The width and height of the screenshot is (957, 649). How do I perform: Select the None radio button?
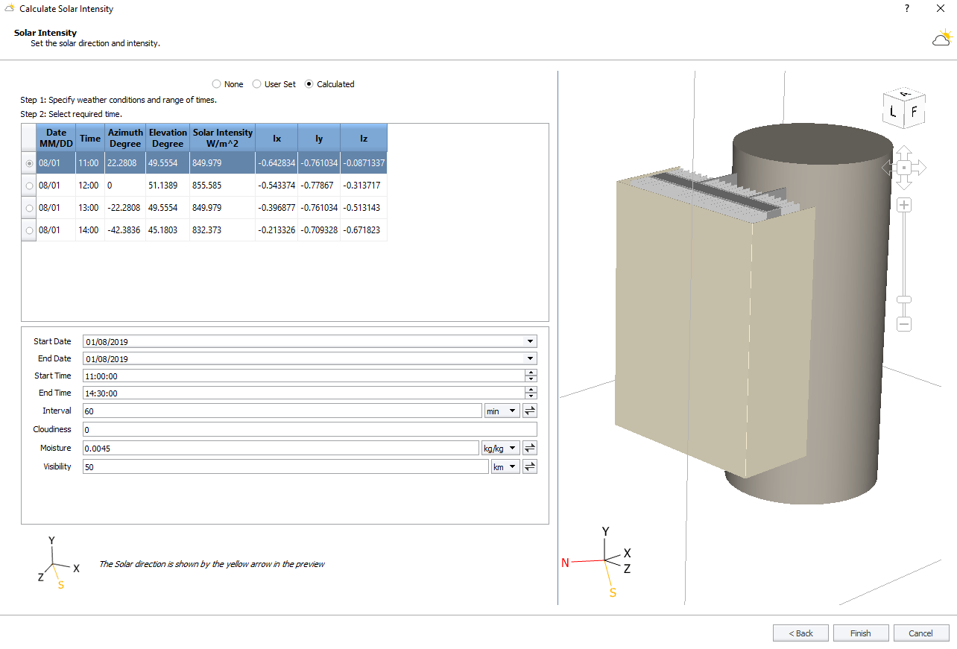216,84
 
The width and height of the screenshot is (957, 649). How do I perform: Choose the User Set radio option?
256,84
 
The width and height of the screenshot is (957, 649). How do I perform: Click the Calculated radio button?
309,84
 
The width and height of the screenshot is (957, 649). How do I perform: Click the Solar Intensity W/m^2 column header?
222,138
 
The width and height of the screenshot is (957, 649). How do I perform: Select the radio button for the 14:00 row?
30,230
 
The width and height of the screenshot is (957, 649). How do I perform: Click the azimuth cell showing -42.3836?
125,230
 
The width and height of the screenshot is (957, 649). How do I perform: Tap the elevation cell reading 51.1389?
168,186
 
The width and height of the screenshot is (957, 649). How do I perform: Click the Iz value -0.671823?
364,230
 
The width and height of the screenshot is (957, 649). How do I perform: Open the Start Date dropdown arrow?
530,341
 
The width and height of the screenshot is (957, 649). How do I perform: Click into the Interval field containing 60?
282,411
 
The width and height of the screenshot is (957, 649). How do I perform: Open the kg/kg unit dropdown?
500,448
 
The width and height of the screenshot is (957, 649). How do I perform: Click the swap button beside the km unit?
529,466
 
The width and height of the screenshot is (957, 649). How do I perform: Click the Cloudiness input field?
309,430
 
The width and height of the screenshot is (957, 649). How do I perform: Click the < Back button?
800,633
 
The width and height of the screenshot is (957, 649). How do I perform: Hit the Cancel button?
920,633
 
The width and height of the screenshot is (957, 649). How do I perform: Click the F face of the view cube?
915,114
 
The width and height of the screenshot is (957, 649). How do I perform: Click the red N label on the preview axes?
565,563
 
